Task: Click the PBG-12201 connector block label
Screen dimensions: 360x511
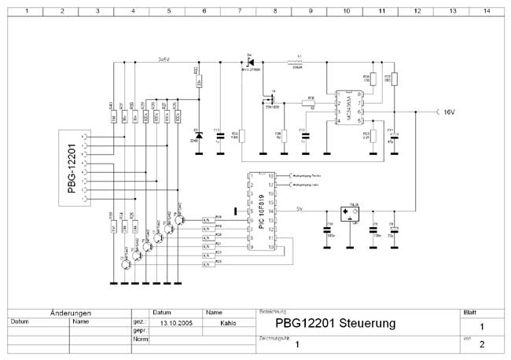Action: point(72,167)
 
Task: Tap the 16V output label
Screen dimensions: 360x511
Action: point(450,112)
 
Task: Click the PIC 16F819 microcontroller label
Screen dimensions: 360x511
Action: point(259,213)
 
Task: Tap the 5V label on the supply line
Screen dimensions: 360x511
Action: point(299,209)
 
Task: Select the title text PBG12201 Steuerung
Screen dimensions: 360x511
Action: point(335,323)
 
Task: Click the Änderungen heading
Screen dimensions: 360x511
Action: point(71,312)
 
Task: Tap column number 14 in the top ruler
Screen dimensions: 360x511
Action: point(487,11)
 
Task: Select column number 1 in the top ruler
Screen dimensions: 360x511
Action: point(26,11)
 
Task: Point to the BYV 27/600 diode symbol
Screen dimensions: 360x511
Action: point(250,61)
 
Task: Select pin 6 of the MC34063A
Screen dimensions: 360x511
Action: point(359,112)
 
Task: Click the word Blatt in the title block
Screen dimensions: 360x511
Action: point(470,311)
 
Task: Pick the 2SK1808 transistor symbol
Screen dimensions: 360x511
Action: point(271,99)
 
